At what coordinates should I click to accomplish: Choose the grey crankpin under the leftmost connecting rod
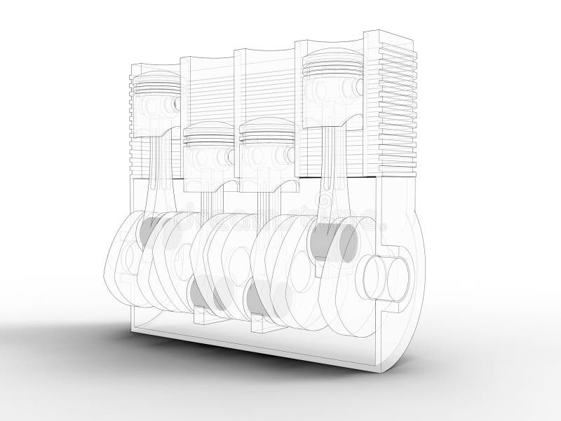149,230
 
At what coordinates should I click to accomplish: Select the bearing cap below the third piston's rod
261,324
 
